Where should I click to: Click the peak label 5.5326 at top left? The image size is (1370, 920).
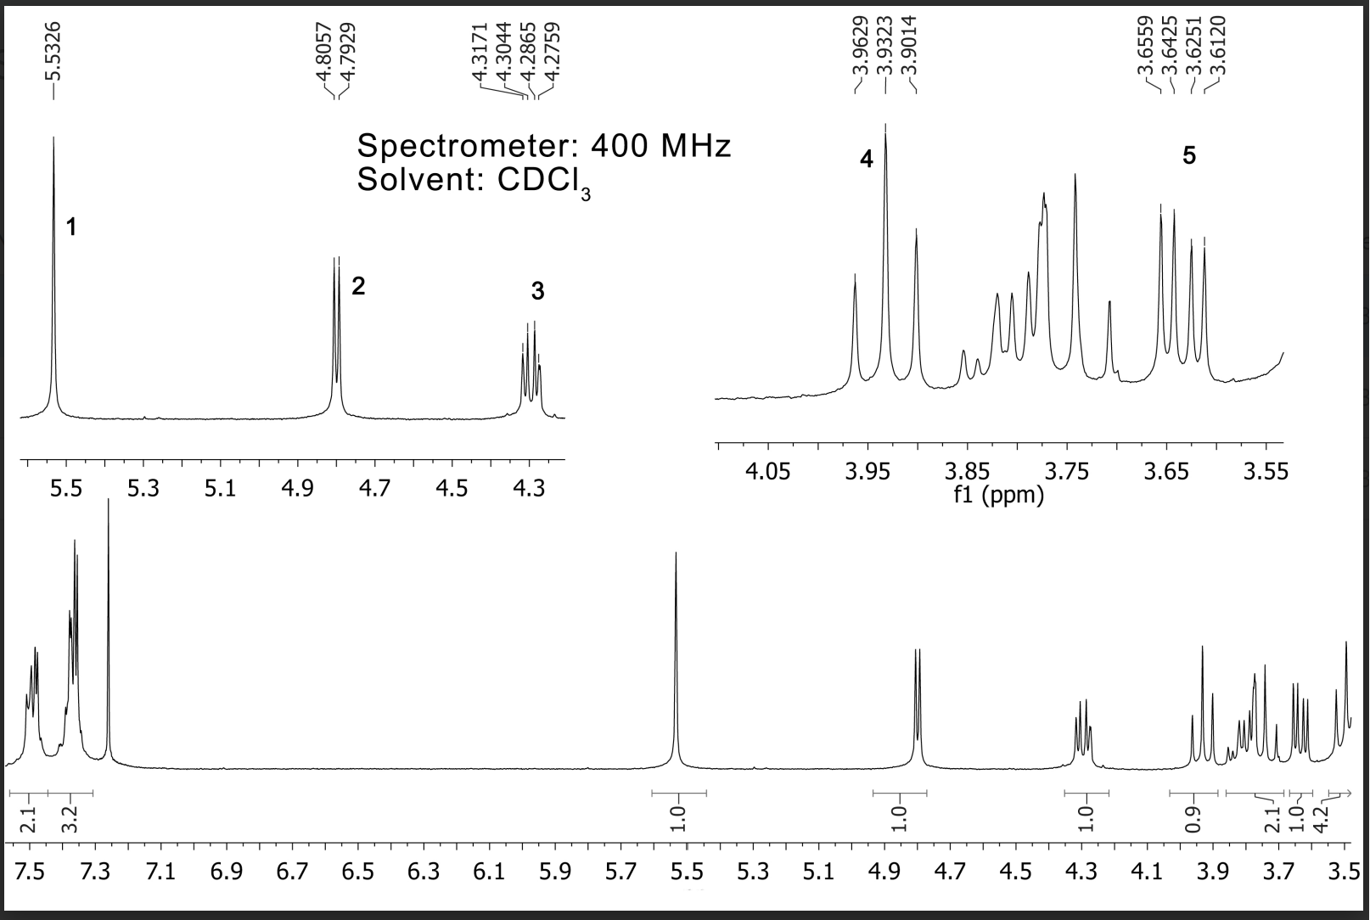[x=53, y=49]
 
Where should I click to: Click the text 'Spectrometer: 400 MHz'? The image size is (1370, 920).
[x=543, y=146]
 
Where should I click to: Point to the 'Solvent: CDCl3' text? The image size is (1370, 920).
[x=474, y=182]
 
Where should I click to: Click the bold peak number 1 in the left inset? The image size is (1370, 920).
[x=72, y=227]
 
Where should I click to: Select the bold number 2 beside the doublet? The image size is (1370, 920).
[x=358, y=286]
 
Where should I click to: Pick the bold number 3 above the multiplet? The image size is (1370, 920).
[x=537, y=291]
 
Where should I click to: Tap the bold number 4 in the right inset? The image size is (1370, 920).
[x=866, y=159]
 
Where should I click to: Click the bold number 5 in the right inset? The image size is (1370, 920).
[x=1188, y=155]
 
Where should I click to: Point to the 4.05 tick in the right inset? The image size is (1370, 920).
[x=767, y=472]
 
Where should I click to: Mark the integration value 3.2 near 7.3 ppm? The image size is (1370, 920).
[x=70, y=817]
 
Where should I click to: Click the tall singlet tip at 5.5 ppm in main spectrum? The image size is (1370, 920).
[x=676, y=554]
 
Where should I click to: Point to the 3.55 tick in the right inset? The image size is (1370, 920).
[x=1266, y=472]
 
